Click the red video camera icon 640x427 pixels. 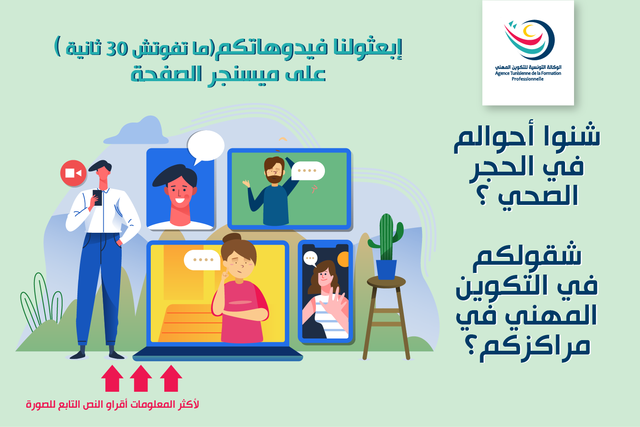coord(73,173)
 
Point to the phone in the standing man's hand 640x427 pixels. coord(98,197)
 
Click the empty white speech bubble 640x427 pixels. coord(205,146)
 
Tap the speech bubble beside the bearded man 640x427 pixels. coord(308,170)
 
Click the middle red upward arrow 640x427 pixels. coord(141,378)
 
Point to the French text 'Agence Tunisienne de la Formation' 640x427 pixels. coord(528,73)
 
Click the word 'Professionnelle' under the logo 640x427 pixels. coord(527,79)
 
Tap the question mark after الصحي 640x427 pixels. coord(483,199)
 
